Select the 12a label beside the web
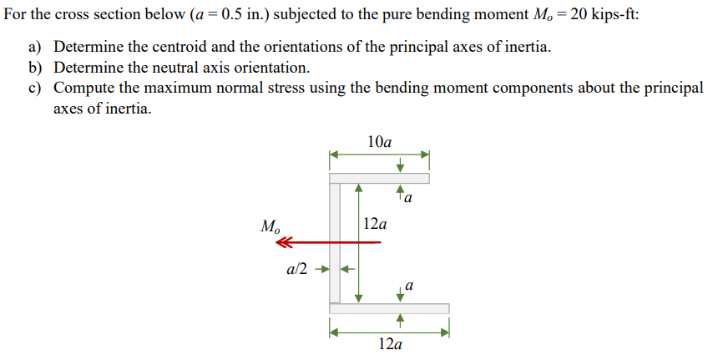pyautogui.click(x=376, y=224)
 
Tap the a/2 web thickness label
pyautogui.click(x=297, y=269)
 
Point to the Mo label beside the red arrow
pyautogui.click(x=271, y=226)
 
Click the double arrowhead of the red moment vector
pyautogui.click(x=286, y=242)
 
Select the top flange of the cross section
pyautogui.click(x=379, y=178)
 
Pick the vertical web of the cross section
pyautogui.click(x=335, y=242)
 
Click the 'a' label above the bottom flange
pyautogui.click(x=409, y=286)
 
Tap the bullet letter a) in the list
pyautogui.click(x=36, y=47)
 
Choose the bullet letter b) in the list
pyautogui.click(x=36, y=68)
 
